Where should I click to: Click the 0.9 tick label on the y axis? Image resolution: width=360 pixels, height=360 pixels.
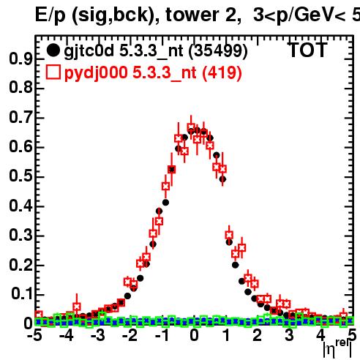tap(20, 59)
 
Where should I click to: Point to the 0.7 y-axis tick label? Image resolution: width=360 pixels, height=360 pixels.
tap(20, 118)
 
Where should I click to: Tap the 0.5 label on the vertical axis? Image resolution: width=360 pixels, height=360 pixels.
tap(20, 176)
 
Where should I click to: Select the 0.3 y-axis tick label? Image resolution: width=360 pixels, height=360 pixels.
tap(20, 235)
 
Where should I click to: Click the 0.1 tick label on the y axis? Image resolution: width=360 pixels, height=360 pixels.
tap(22, 294)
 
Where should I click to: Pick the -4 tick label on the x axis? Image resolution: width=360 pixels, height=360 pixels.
tap(67, 335)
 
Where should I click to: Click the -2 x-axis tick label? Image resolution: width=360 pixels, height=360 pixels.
tap(130, 335)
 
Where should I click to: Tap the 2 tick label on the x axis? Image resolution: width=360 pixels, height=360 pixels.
tap(258, 335)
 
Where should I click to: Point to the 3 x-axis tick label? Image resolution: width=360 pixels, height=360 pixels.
tap(289, 335)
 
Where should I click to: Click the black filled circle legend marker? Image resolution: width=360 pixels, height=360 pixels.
tap(53, 50)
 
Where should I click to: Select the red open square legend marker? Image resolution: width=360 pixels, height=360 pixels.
tap(53, 72)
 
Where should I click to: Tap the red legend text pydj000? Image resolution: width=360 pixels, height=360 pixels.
tap(96, 73)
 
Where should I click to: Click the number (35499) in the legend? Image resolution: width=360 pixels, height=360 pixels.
tap(218, 51)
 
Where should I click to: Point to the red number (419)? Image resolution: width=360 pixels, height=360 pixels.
tap(222, 73)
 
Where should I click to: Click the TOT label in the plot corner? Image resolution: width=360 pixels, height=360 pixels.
tap(308, 50)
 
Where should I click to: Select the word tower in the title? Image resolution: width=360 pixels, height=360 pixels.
tap(192, 15)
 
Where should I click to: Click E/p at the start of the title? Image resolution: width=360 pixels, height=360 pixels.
tap(50, 15)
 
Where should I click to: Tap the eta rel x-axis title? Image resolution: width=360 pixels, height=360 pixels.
tap(337, 349)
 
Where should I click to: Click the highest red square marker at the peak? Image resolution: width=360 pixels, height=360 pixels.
tap(191, 127)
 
